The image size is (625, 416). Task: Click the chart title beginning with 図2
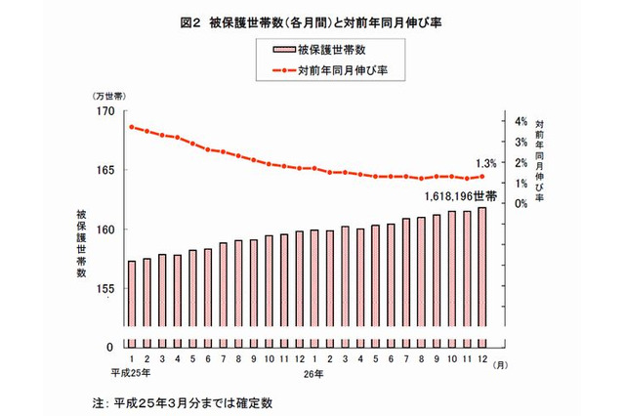coord(312,17)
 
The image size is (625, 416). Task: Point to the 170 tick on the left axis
coord(104,111)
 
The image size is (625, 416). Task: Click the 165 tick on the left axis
coord(104,171)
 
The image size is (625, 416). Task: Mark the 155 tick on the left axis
coord(104,289)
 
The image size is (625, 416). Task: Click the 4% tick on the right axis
coord(520,121)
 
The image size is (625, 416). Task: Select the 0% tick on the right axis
coord(520,203)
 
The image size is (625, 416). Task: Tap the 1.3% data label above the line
coord(485,163)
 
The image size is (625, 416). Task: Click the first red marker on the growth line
coord(132,127)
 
